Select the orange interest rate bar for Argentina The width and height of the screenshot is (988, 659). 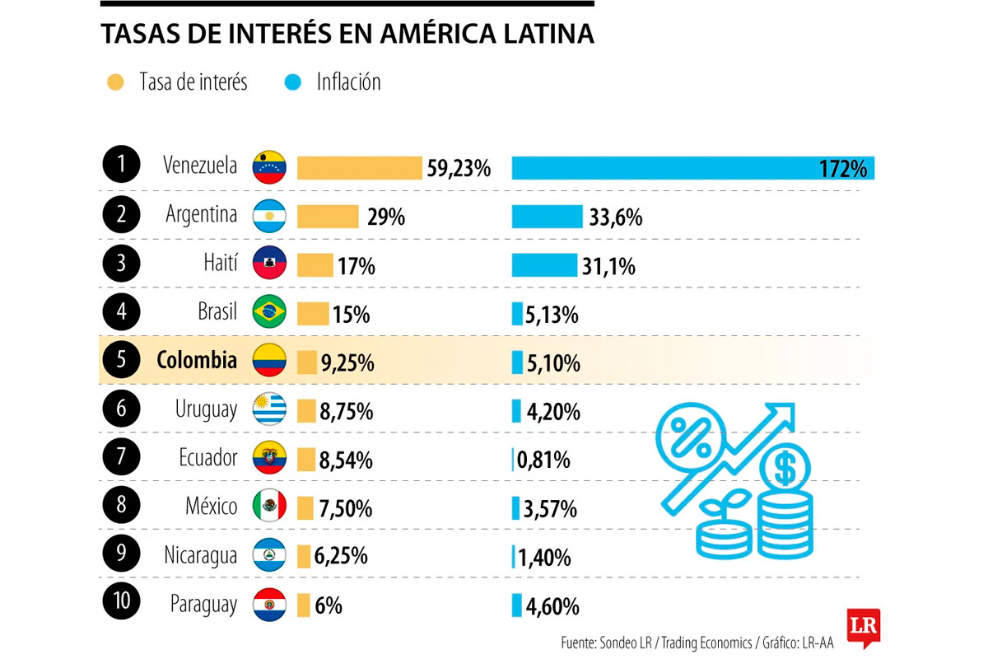(328, 216)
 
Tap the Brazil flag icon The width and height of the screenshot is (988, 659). (269, 312)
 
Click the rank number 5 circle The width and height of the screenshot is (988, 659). (123, 361)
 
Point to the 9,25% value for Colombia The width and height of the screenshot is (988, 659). (347, 362)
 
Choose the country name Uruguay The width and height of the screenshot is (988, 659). (206, 409)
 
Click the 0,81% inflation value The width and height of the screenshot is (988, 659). (543, 460)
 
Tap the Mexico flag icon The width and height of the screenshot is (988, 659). (269, 506)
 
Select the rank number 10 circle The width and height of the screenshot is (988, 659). (123, 602)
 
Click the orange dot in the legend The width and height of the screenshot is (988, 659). (115, 82)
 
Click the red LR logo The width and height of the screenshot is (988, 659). (863, 627)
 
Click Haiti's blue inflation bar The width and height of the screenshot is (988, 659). (544, 264)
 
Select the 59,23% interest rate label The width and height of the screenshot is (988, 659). (459, 169)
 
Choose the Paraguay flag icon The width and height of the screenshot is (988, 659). (269, 604)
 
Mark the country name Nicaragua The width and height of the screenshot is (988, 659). (200, 556)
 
